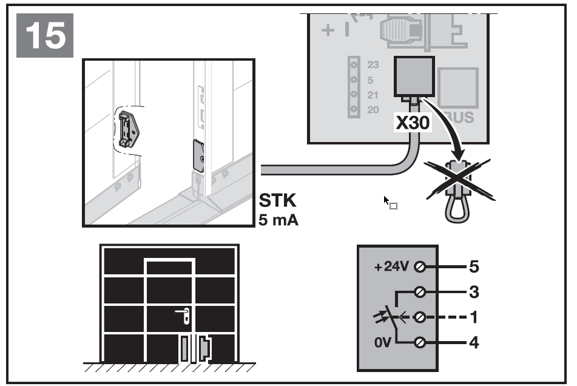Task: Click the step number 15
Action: (46, 36)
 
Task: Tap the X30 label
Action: (413, 123)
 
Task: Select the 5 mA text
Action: (279, 219)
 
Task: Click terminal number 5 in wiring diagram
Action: (474, 266)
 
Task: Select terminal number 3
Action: (474, 292)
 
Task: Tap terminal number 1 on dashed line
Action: (474, 317)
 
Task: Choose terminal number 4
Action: (474, 343)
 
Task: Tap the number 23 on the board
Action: (373, 64)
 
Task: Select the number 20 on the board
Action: (373, 110)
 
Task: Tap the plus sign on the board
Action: (328, 31)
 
